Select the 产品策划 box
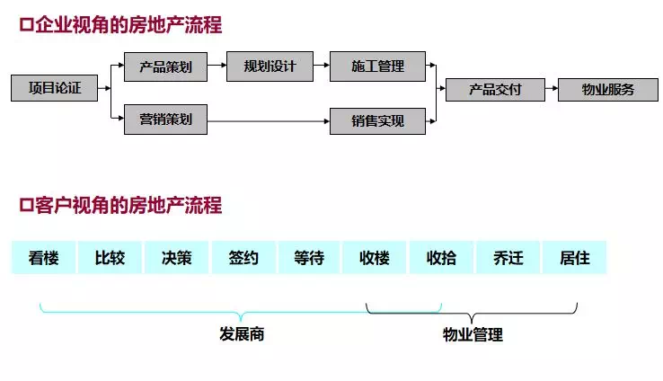click(165, 66)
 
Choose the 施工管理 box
click(376, 66)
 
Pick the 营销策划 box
click(165, 119)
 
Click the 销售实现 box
click(376, 120)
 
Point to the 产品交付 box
click(494, 89)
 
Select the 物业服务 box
click(607, 89)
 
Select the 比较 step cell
click(110, 258)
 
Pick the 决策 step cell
click(176, 258)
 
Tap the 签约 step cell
click(243, 258)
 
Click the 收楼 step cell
click(375, 258)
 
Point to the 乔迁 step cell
click(508, 258)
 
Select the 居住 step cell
click(574, 258)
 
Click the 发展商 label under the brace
click(242, 334)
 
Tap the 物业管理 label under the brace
click(473, 335)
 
